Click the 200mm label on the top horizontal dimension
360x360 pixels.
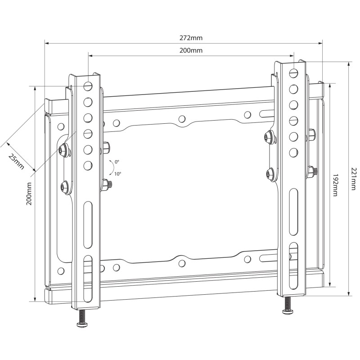[191, 50]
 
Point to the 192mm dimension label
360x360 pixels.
[335, 184]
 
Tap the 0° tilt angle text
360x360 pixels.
[117, 161]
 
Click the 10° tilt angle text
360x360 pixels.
[117, 173]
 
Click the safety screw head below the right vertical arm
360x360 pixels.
[287, 311]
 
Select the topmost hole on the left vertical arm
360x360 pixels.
[88, 85]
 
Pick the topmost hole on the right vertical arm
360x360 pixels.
[293, 72]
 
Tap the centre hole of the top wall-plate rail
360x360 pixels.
[181, 119]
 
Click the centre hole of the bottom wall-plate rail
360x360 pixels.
[181, 263]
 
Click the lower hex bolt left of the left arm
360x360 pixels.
[65, 185]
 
